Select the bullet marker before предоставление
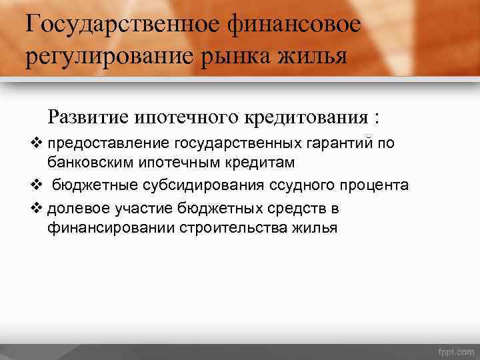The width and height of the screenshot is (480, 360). click(x=37, y=142)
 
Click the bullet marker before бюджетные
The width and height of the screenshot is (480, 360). click(x=37, y=185)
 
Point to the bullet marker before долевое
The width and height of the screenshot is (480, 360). click(x=37, y=208)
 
